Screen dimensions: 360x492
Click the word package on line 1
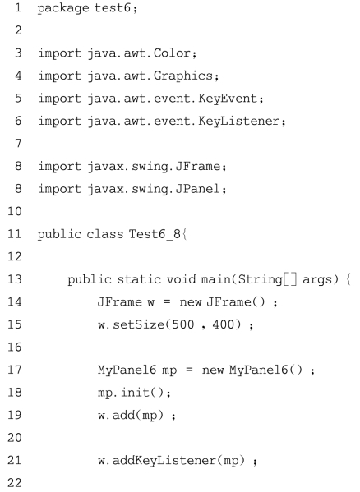(x=63, y=8)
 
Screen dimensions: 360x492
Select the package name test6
(x=113, y=7)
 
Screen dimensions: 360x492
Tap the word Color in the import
(x=172, y=53)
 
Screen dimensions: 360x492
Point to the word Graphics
(x=183, y=76)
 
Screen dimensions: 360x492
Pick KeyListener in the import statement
(x=239, y=121)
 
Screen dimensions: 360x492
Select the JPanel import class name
(x=198, y=189)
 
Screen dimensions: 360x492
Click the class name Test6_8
(x=155, y=234)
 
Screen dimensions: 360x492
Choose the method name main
(x=215, y=279)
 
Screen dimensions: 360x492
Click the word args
(x=317, y=280)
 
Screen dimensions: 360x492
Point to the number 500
(x=183, y=324)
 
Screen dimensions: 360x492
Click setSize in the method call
(x=138, y=324)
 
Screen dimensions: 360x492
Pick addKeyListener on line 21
(x=164, y=461)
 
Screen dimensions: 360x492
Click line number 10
(x=15, y=211)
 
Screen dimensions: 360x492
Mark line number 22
(x=15, y=482)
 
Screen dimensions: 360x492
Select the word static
(x=139, y=279)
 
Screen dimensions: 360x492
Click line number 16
(x=15, y=347)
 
